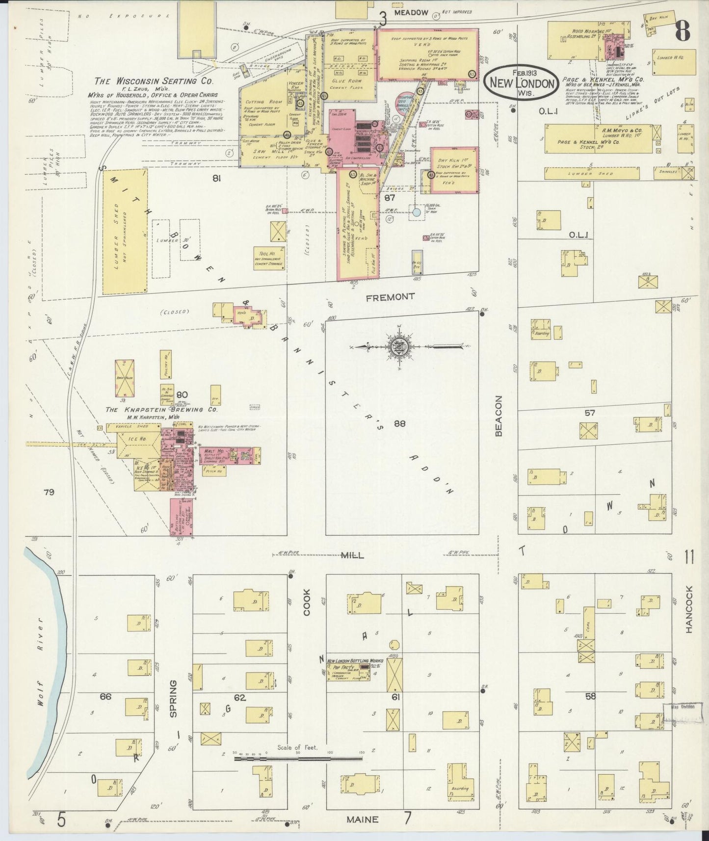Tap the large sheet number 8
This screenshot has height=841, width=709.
click(x=682, y=30)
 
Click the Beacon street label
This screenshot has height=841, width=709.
click(x=499, y=416)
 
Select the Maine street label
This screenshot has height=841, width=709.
click(x=362, y=819)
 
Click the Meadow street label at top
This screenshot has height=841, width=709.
click(x=410, y=12)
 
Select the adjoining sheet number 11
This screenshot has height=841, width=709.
click(x=689, y=557)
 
